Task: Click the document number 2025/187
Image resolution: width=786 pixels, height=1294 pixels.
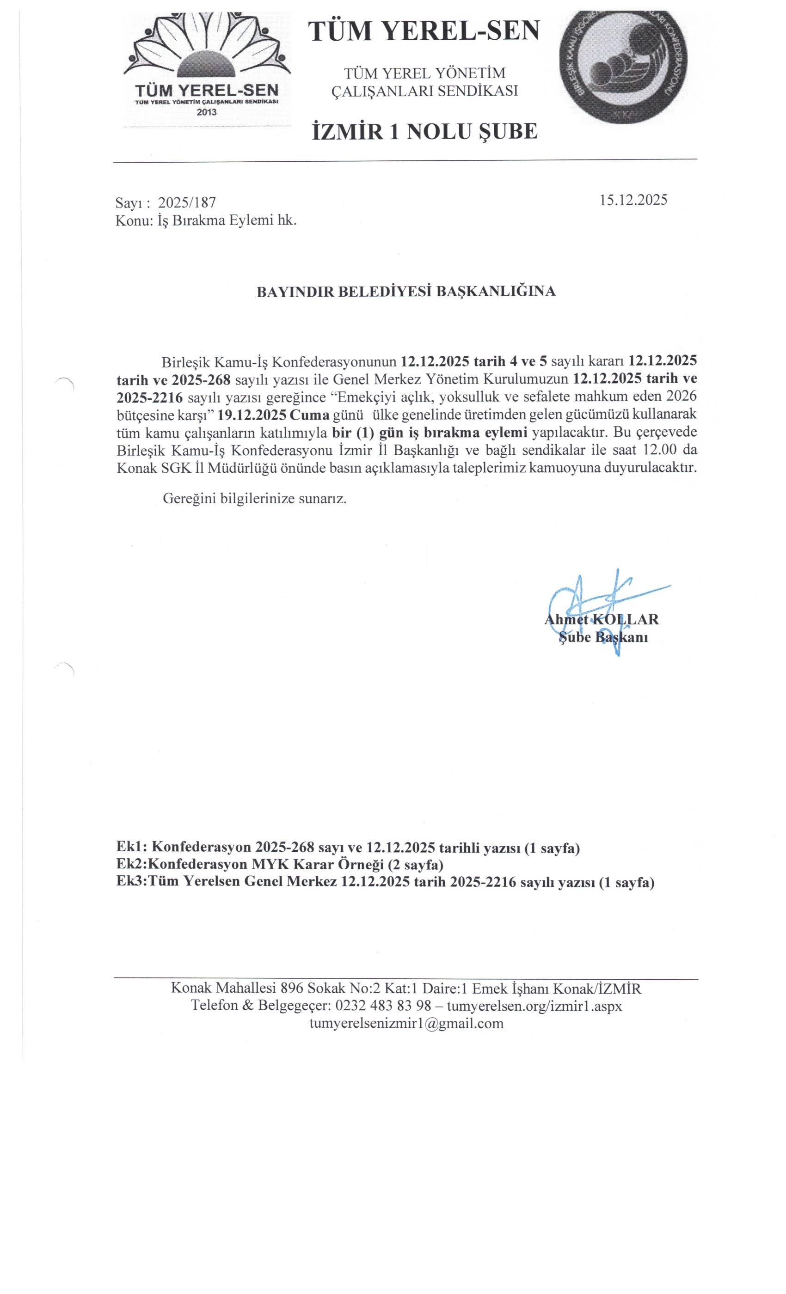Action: point(187,203)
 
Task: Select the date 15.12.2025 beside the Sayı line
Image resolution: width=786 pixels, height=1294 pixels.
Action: point(633,200)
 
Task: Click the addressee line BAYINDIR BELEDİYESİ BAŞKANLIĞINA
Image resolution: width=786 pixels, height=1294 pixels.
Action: point(405,292)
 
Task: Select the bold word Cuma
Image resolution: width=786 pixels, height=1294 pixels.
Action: point(310,415)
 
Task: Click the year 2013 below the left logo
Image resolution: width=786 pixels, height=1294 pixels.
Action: point(207,112)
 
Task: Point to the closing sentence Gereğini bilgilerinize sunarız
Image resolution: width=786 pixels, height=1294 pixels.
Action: point(255,498)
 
